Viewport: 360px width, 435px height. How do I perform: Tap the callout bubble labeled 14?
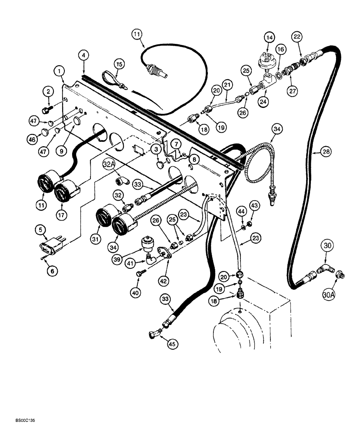(270, 38)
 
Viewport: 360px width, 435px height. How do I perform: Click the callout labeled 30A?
(329, 294)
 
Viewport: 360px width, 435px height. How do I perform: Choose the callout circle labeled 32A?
(110, 164)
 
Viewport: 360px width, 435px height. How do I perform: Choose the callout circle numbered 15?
(120, 64)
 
